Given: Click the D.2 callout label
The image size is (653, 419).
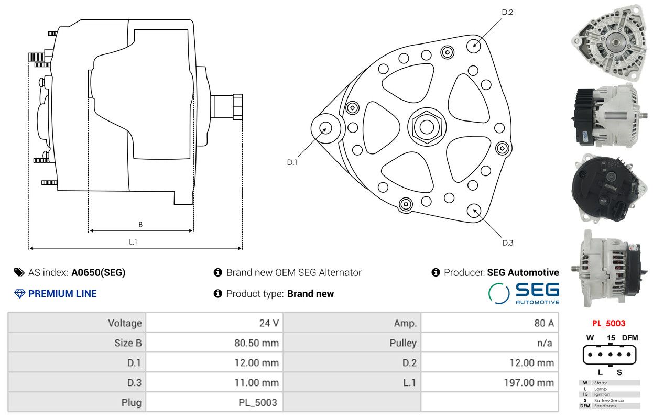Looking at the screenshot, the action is pyautogui.click(x=507, y=12).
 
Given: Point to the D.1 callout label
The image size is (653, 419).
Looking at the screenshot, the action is pyautogui.click(x=292, y=162).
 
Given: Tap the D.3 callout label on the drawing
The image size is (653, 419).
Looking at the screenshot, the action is pyautogui.click(x=507, y=242).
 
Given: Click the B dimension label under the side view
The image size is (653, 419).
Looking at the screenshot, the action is pyautogui.click(x=140, y=224).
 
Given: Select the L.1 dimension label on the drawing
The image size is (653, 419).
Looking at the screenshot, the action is pyautogui.click(x=133, y=242).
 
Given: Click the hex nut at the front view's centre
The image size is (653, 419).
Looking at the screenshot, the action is pyautogui.click(x=427, y=127).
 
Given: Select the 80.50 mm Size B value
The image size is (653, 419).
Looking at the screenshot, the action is pyautogui.click(x=257, y=343).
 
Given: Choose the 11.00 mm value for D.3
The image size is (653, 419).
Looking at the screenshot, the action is pyautogui.click(x=257, y=382).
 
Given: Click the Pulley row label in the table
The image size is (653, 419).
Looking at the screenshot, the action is pyautogui.click(x=403, y=343).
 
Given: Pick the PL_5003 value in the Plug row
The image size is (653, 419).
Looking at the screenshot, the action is pyautogui.click(x=258, y=402).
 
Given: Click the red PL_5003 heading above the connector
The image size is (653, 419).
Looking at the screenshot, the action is pyautogui.click(x=608, y=323).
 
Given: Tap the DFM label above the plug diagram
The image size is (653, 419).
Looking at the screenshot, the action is pyautogui.click(x=630, y=338).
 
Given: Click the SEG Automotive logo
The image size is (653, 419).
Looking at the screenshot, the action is pyautogui.click(x=524, y=293).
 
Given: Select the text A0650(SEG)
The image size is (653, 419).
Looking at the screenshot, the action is pyautogui.click(x=98, y=272).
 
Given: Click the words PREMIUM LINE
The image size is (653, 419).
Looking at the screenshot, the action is pyautogui.click(x=62, y=293).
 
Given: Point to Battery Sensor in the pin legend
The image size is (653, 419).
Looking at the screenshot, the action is pyautogui.click(x=610, y=400).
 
